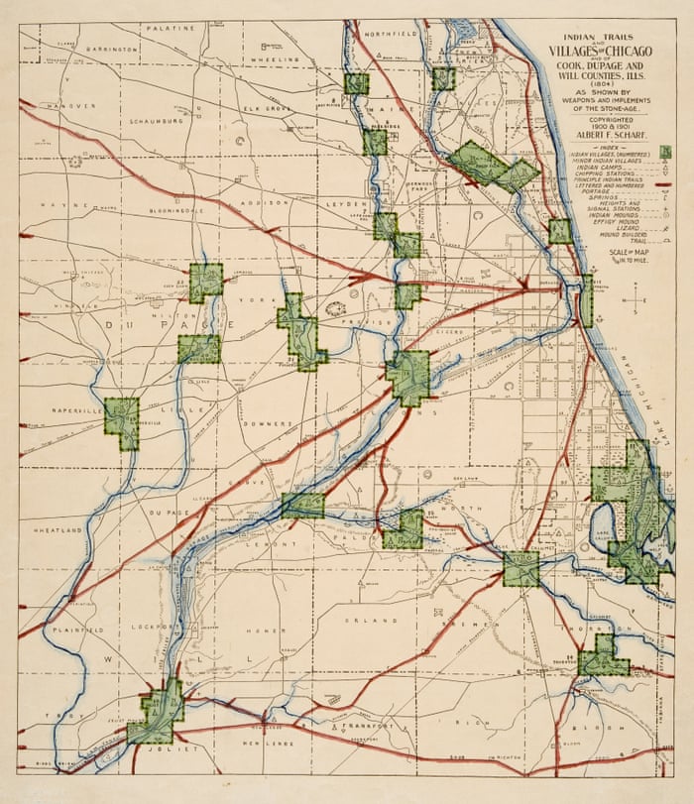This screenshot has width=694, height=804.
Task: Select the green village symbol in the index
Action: (x=666, y=152)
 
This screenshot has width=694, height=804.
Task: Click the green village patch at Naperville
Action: (x=122, y=423)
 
